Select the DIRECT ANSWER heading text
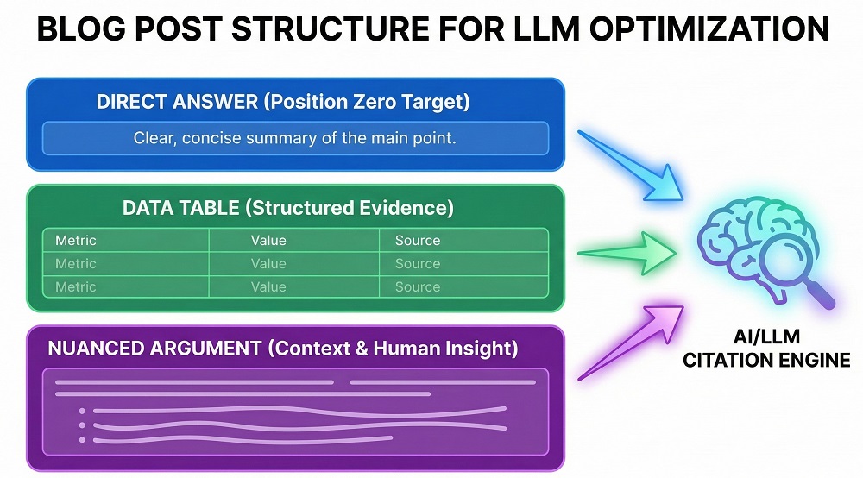[x=176, y=102]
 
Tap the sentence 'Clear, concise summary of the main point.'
[x=294, y=138]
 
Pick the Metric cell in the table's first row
[x=76, y=241]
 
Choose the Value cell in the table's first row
[x=268, y=241]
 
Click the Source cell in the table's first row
[x=418, y=241]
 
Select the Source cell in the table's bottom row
[x=418, y=287]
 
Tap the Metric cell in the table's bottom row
[x=76, y=287]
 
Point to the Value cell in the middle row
[x=268, y=264]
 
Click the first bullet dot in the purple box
[x=82, y=411]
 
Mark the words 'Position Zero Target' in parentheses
[x=367, y=102]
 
